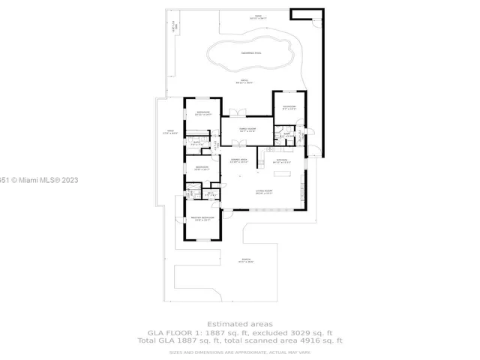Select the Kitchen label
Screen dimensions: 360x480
[x=282, y=160]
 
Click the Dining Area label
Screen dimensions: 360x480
[x=239, y=160]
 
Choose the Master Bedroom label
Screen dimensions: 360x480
[x=202, y=218]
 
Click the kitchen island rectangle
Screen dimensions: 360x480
[x=283, y=174]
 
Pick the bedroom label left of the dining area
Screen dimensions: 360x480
[x=202, y=168]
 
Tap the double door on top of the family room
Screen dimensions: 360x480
[x=237, y=113]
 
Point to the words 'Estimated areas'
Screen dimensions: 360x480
[x=239, y=324]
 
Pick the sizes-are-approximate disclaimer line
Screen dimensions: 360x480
[x=239, y=351]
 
